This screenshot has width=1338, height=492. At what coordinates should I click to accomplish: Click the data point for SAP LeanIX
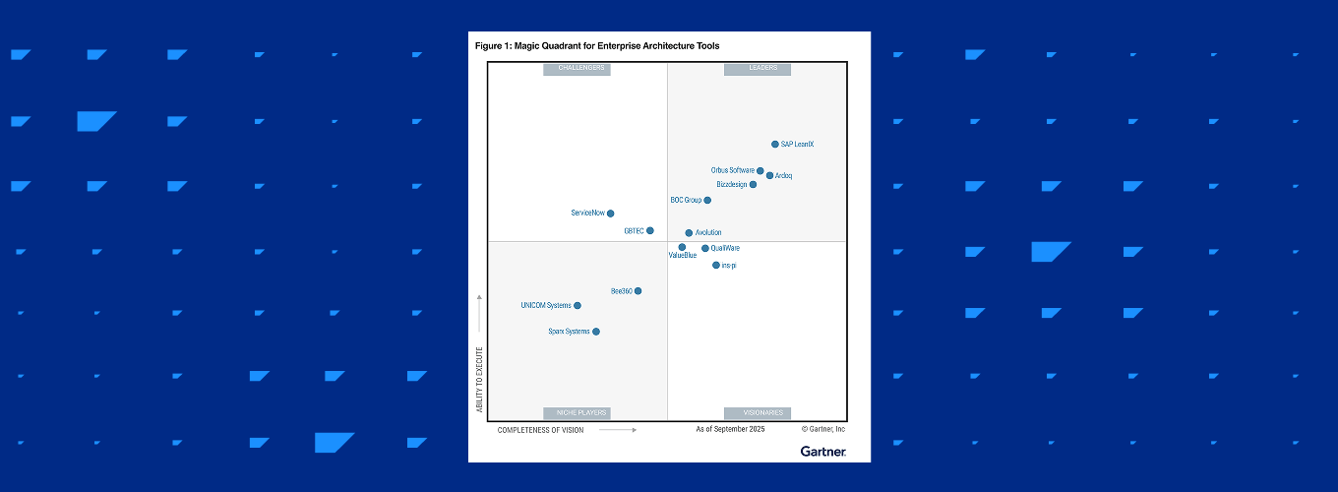(775, 145)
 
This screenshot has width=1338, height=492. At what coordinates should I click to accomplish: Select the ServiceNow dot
(610, 214)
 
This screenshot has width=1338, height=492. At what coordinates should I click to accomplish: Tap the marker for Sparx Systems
(595, 332)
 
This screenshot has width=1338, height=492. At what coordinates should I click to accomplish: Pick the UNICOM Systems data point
(578, 306)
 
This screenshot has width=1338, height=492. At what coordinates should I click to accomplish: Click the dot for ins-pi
(716, 266)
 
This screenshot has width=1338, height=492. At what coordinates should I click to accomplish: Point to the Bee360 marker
(639, 291)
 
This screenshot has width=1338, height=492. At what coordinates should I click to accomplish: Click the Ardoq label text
(784, 176)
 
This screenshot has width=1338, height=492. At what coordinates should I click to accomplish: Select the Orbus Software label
(732, 170)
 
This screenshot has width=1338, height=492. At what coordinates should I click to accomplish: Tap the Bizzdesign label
(731, 185)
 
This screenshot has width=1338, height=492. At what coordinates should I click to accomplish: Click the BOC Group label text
(686, 201)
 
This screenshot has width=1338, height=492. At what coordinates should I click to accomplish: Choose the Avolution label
(708, 233)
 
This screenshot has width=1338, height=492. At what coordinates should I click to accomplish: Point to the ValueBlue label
(683, 256)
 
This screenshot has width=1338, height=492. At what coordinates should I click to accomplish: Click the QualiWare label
(725, 249)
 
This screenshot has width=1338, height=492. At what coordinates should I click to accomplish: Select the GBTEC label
(634, 231)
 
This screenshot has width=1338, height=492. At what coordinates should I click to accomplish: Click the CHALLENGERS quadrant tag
(577, 69)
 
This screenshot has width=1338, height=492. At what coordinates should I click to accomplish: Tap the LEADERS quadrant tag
(758, 69)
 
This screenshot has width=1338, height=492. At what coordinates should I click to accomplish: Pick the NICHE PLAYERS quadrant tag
(577, 413)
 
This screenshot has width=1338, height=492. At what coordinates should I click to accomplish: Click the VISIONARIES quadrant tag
(758, 413)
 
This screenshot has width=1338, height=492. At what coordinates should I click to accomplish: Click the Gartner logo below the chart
(822, 451)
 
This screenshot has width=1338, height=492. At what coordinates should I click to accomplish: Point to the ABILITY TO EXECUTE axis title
(480, 378)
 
